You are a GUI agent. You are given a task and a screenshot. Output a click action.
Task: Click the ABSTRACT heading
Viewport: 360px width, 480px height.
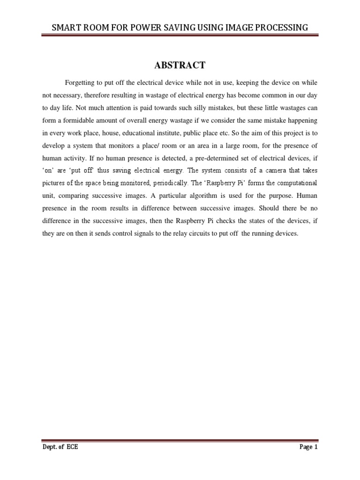tap(180, 65)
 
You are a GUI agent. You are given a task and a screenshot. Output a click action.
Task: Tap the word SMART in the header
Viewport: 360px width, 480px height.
tap(67, 28)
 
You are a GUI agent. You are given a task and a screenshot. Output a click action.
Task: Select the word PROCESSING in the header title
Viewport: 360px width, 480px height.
tap(284, 28)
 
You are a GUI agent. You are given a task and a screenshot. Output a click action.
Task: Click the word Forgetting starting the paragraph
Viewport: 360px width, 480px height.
tap(80, 83)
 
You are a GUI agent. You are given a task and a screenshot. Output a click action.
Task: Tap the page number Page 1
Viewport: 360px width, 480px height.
tap(308, 447)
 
